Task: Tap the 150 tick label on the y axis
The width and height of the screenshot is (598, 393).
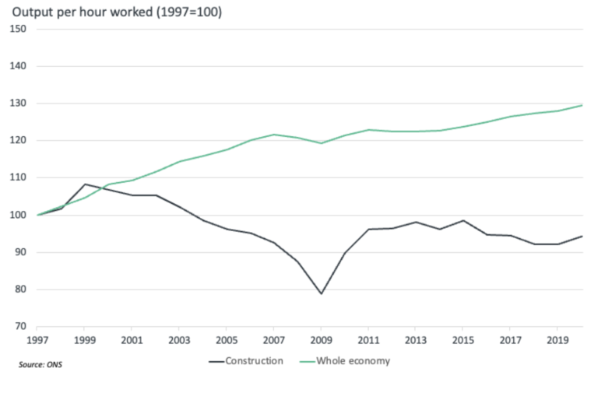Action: (x=18, y=30)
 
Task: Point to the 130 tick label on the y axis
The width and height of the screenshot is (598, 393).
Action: (x=18, y=104)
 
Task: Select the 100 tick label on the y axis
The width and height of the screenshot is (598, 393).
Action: (x=18, y=215)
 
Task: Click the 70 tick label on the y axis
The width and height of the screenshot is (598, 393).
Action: (x=20, y=327)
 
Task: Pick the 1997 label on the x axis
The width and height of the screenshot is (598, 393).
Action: (x=37, y=340)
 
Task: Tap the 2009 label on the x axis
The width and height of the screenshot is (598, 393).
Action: (x=321, y=340)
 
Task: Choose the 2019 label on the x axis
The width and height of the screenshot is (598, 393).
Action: (x=558, y=340)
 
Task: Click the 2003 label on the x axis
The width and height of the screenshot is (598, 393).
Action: (x=179, y=340)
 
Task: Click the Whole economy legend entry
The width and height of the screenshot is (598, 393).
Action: (x=354, y=361)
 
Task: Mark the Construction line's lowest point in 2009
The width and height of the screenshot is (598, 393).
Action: (x=321, y=294)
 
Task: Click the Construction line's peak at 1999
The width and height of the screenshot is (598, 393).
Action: (x=84, y=184)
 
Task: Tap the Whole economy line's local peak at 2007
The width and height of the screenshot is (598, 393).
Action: (x=274, y=135)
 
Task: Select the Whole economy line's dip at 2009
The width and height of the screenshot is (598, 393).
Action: (x=321, y=143)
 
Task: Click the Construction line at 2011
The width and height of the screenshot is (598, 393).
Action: (x=368, y=230)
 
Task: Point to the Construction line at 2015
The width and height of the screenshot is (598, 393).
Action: (x=463, y=220)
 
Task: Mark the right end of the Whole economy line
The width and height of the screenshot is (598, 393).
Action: (x=582, y=105)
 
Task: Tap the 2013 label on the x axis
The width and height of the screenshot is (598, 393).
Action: (x=416, y=340)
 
